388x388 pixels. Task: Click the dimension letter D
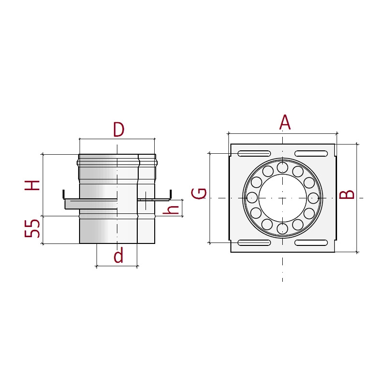[x=119, y=129]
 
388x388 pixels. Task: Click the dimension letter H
[x=32, y=185]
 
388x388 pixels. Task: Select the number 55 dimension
[x=32, y=228]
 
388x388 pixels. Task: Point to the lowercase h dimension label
[x=171, y=210]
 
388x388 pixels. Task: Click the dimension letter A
[x=285, y=122]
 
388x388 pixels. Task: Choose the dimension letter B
[x=347, y=195]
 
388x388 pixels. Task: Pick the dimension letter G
[x=199, y=194]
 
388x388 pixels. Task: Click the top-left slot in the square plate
[x=254, y=154]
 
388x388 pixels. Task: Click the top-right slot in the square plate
[x=311, y=154]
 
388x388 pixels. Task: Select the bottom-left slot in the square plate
[x=254, y=242]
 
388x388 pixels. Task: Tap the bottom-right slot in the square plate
[x=311, y=242]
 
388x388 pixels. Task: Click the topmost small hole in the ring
[x=282, y=167]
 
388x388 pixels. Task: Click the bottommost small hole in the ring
[x=282, y=228]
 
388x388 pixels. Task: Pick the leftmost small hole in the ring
[x=252, y=198]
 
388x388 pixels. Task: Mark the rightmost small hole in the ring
[x=313, y=198]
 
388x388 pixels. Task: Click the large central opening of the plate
[x=282, y=198]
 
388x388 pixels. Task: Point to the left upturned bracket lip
[x=64, y=194]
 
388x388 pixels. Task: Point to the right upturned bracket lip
[x=170, y=194]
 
